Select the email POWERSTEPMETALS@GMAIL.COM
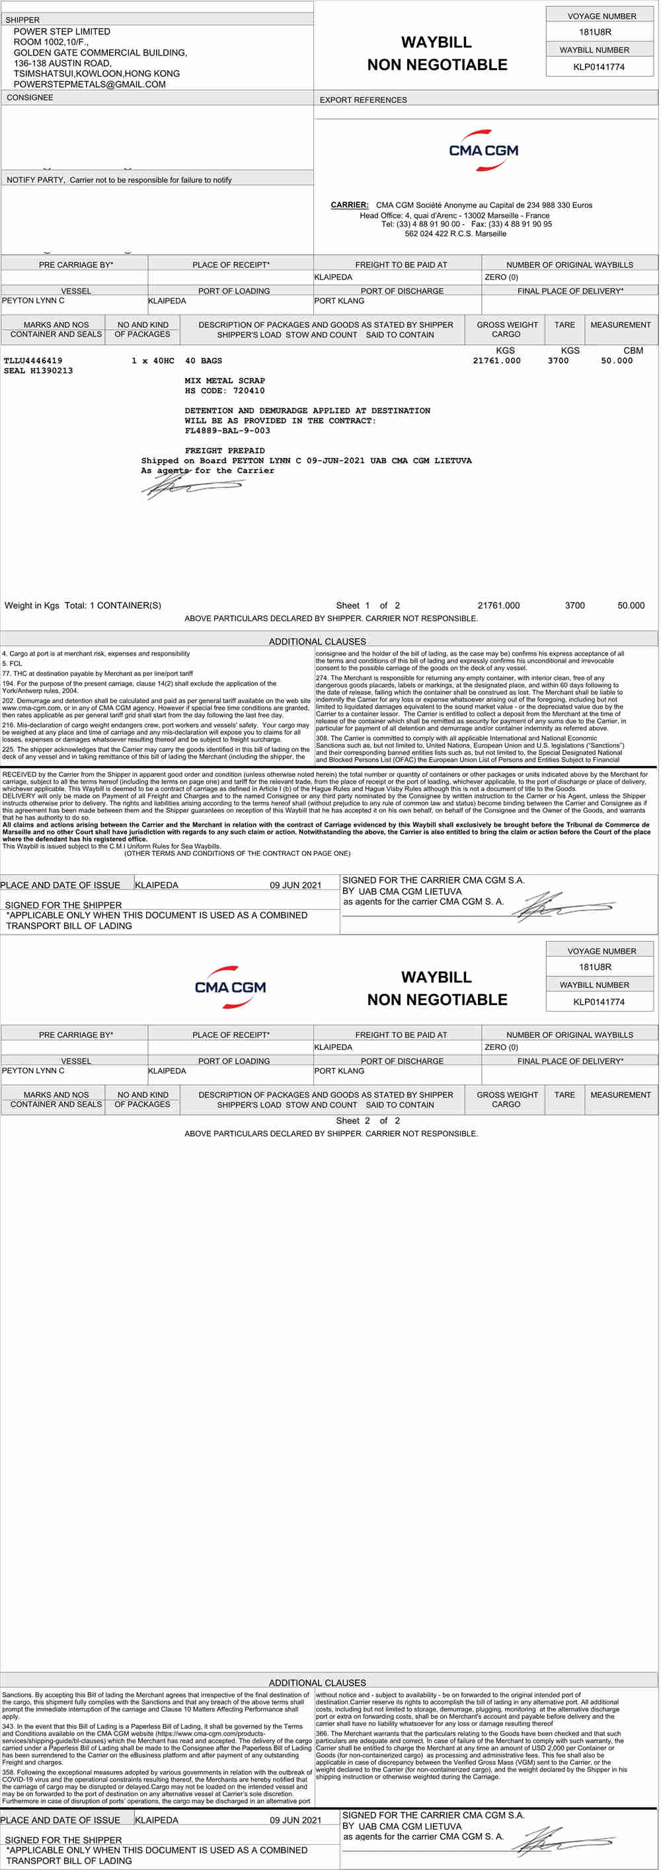[89, 84]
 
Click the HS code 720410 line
[225, 391]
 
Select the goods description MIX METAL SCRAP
[225, 381]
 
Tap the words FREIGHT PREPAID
[225, 451]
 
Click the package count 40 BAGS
[204, 361]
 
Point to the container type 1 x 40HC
[153, 361]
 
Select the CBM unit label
[633, 351]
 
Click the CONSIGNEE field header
[30, 97]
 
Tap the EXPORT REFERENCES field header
[363, 100]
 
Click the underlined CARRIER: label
[350, 205]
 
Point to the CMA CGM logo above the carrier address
[484, 150]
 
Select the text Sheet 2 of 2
[368, 1120]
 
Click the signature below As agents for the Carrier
[190, 486]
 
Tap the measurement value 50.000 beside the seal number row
[616, 361]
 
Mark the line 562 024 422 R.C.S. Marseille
[455, 234]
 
